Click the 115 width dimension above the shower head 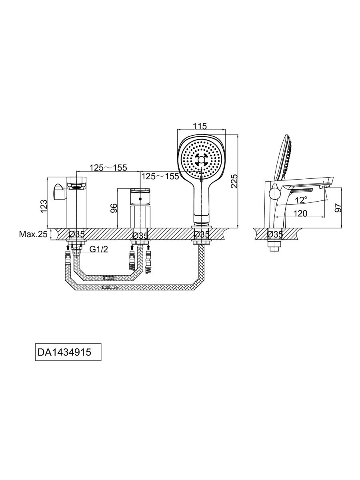(x=199, y=126)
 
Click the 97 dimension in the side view (x=338, y=208)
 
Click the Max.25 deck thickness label (x=33, y=234)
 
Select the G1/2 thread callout (x=98, y=250)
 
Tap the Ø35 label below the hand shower (x=202, y=234)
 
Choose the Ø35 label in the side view (x=275, y=234)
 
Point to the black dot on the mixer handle (x=140, y=199)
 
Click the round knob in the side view (x=274, y=194)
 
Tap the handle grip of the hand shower (x=201, y=200)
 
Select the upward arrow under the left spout (x=68, y=249)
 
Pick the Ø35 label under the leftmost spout (x=76, y=234)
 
